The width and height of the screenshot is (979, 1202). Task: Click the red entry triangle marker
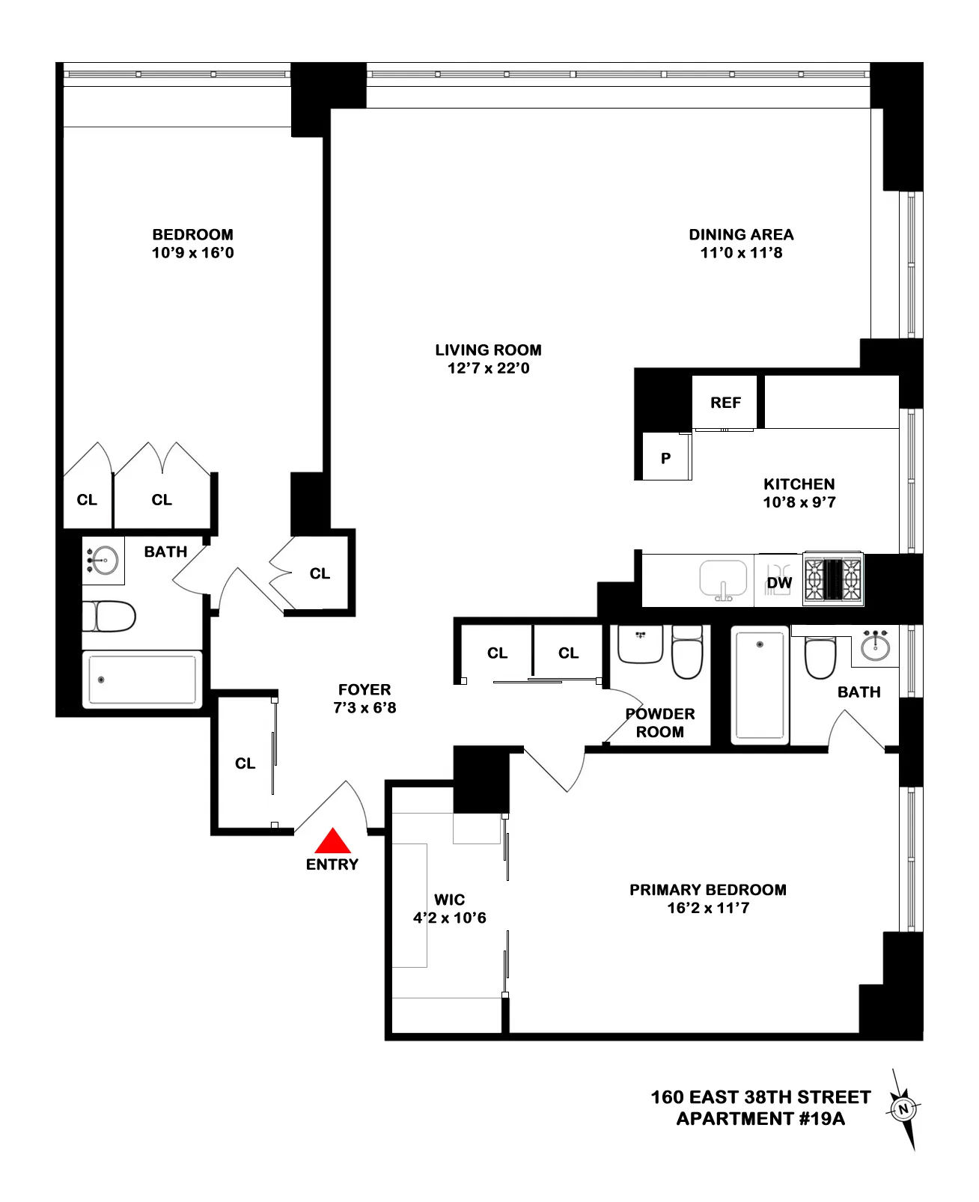point(332,843)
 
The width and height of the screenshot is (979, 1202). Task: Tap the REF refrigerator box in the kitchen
point(725,403)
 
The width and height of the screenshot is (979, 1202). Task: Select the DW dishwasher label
point(779,583)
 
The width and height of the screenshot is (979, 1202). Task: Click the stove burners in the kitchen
point(832,579)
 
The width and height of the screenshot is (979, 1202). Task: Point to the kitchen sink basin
point(723,579)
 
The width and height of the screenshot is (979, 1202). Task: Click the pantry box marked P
point(665,457)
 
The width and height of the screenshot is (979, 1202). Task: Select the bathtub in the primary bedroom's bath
point(760,685)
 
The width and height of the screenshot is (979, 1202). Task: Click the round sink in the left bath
point(104,560)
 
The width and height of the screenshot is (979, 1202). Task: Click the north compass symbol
point(903,1109)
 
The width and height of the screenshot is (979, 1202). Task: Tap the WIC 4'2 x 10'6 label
point(449,909)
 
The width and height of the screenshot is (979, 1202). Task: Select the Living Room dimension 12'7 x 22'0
point(488,368)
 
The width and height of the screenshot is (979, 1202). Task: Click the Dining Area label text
point(741,234)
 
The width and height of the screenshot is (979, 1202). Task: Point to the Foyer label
point(365,689)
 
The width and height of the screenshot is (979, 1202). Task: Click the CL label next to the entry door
point(245,763)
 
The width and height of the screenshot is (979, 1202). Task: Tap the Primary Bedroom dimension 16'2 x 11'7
point(707,908)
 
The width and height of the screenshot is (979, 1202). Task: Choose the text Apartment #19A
point(760,1119)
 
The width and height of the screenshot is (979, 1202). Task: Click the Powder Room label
point(659,723)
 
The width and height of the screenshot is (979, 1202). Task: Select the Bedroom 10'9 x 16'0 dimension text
point(192,253)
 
